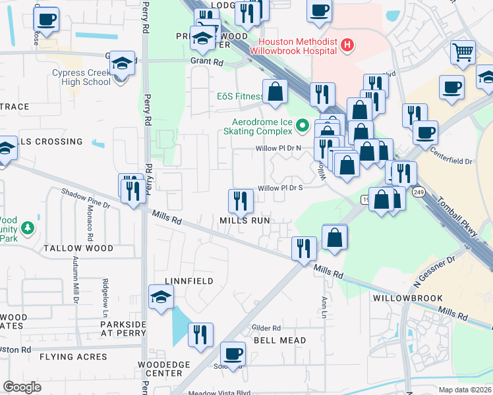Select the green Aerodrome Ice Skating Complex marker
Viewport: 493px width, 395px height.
[303, 124]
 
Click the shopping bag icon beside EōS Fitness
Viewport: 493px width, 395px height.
[275, 92]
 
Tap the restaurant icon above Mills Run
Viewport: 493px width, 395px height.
[241, 201]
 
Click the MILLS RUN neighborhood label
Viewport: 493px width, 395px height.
[245, 221]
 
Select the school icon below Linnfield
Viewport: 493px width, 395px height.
[161, 297]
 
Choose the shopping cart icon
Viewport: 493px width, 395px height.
[463, 51]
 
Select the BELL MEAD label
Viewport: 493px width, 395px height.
[279, 340]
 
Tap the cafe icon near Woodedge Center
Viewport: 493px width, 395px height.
[232, 354]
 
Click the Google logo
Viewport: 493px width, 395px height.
[22, 387]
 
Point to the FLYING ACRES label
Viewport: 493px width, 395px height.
[72, 357]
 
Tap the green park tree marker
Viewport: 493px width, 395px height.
[27, 228]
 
